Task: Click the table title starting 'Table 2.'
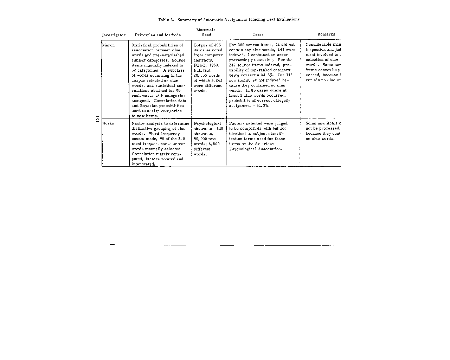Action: [229, 20]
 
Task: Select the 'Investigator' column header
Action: [114, 35]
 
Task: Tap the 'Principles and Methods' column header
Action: [157, 35]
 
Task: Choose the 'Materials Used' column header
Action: [206, 32]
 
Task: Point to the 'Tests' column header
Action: [258, 34]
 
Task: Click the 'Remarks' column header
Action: [326, 34]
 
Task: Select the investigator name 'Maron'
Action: [109, 45]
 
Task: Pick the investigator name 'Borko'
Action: [108, 123]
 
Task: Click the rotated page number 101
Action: [98, 119]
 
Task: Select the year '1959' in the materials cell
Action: [214, 65]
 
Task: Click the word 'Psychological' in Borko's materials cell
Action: [207, 123]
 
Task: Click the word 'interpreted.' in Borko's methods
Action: [143, 164]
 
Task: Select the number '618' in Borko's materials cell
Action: [220, 129]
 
